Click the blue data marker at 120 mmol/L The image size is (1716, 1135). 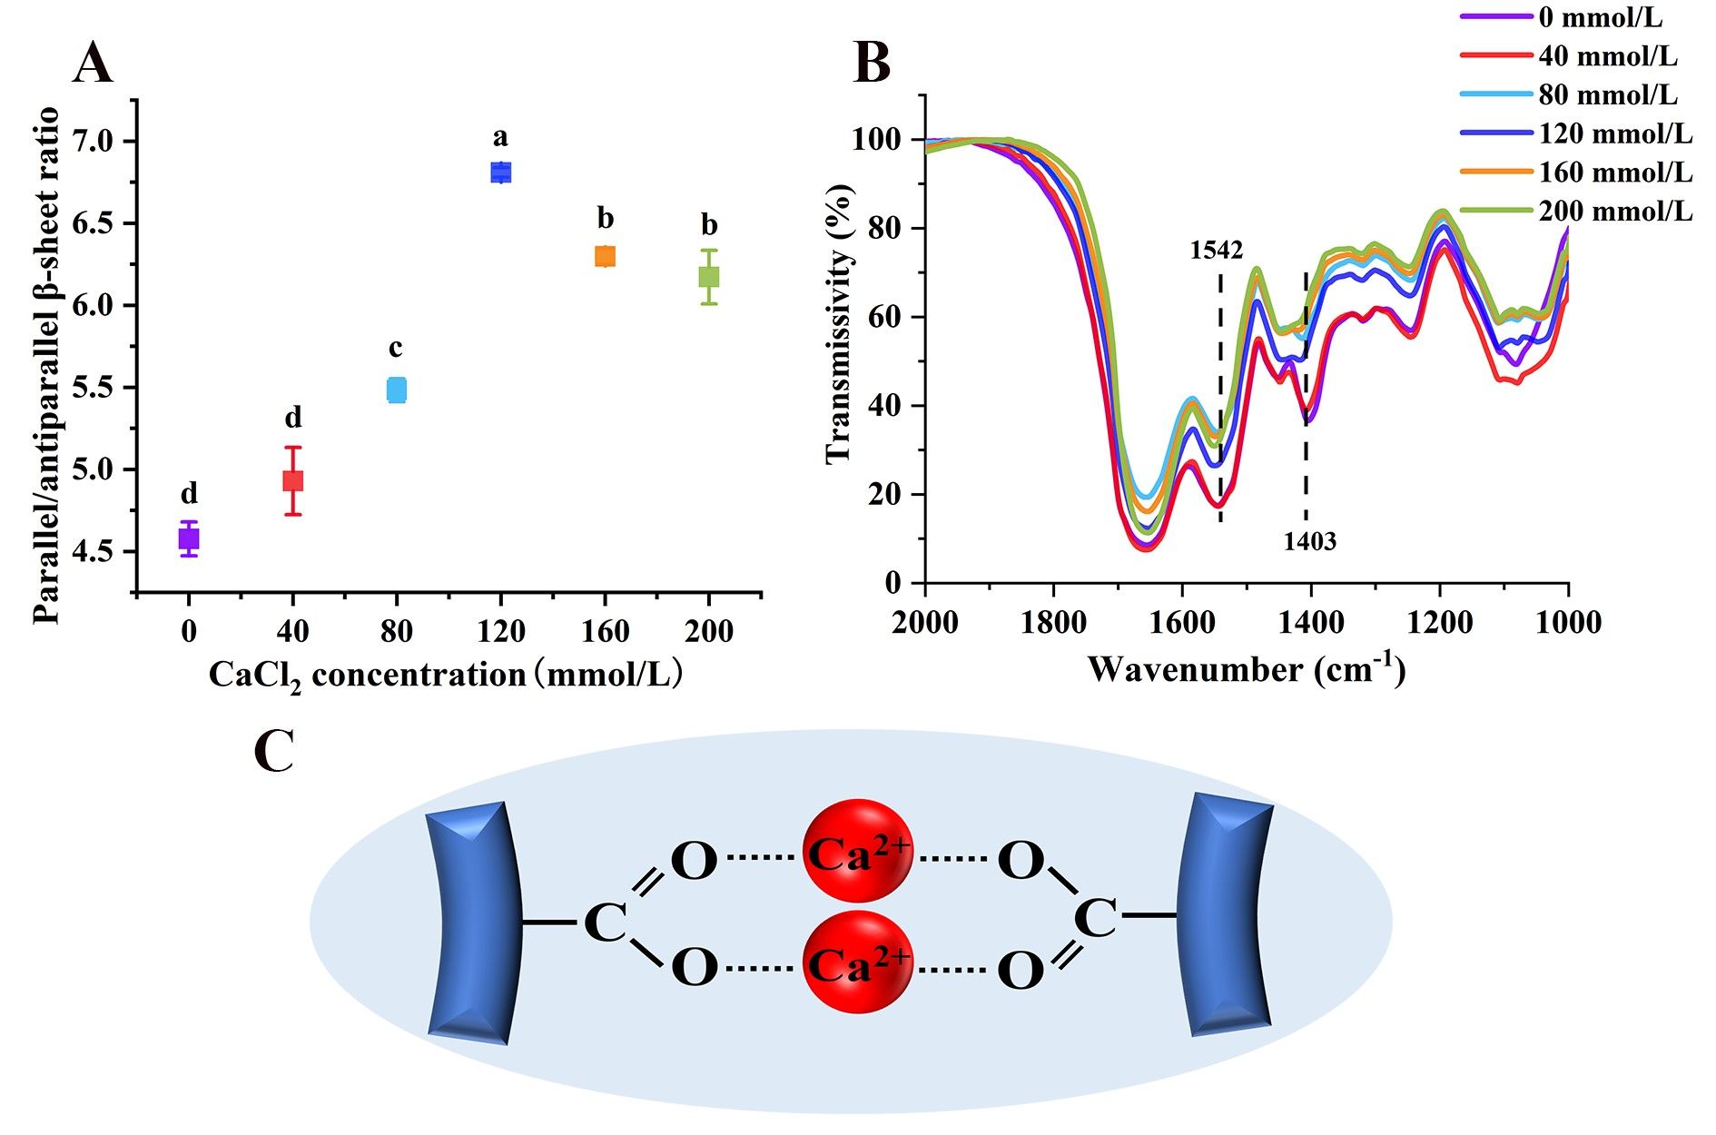[500, 173]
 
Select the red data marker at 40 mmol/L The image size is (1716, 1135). [292, 480]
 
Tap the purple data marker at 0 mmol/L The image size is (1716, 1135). [189, 538]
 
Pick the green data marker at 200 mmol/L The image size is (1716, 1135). [709, 276]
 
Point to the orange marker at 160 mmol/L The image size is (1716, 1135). [605, 256]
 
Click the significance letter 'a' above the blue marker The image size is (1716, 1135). [500, 138]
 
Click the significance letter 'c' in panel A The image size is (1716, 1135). [396, 348]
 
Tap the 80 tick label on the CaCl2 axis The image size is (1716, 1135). [396, 631]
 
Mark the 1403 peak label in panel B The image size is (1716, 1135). [1309, 542]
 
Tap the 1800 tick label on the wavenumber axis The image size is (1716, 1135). [1053, 623]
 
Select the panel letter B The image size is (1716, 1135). [872, 64]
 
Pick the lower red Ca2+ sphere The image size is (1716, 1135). [858, 962]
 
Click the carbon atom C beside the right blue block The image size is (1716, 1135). [1094, 919]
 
